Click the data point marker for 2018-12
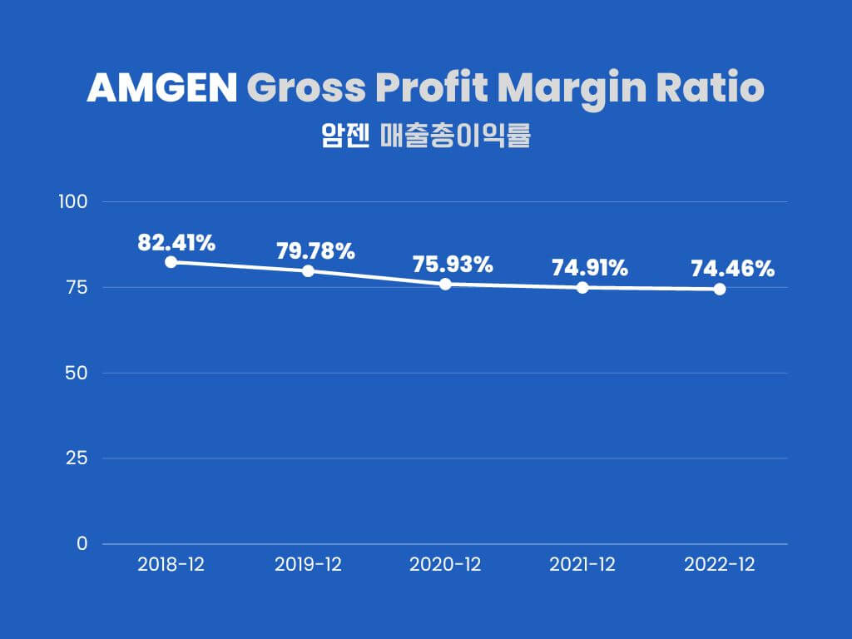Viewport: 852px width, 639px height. pos(171,262)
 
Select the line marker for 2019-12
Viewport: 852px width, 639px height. pos(308,270)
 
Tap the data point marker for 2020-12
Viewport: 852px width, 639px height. pos(445,284)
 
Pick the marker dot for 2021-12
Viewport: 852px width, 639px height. pos(582,288)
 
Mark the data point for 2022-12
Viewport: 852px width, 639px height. pos(720,289)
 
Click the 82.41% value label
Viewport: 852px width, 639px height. pos(176,243)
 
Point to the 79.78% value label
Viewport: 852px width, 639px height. pos(315,250)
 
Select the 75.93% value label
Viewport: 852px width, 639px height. pos(453,265)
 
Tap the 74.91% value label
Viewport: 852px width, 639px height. pos(590,268)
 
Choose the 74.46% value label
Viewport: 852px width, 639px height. pos(732,269)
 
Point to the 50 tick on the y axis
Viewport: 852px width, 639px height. pos(77,373)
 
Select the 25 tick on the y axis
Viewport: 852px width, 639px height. pos(77,458)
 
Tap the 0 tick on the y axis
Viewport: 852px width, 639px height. pos(82,544)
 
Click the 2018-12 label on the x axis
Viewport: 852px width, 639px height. pos(171,565)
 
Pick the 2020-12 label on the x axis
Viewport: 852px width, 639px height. pos(445,565)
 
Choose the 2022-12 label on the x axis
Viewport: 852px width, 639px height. pos(720,565)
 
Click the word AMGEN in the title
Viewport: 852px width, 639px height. pos(161,89)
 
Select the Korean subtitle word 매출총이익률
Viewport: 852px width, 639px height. pos(455,136)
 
